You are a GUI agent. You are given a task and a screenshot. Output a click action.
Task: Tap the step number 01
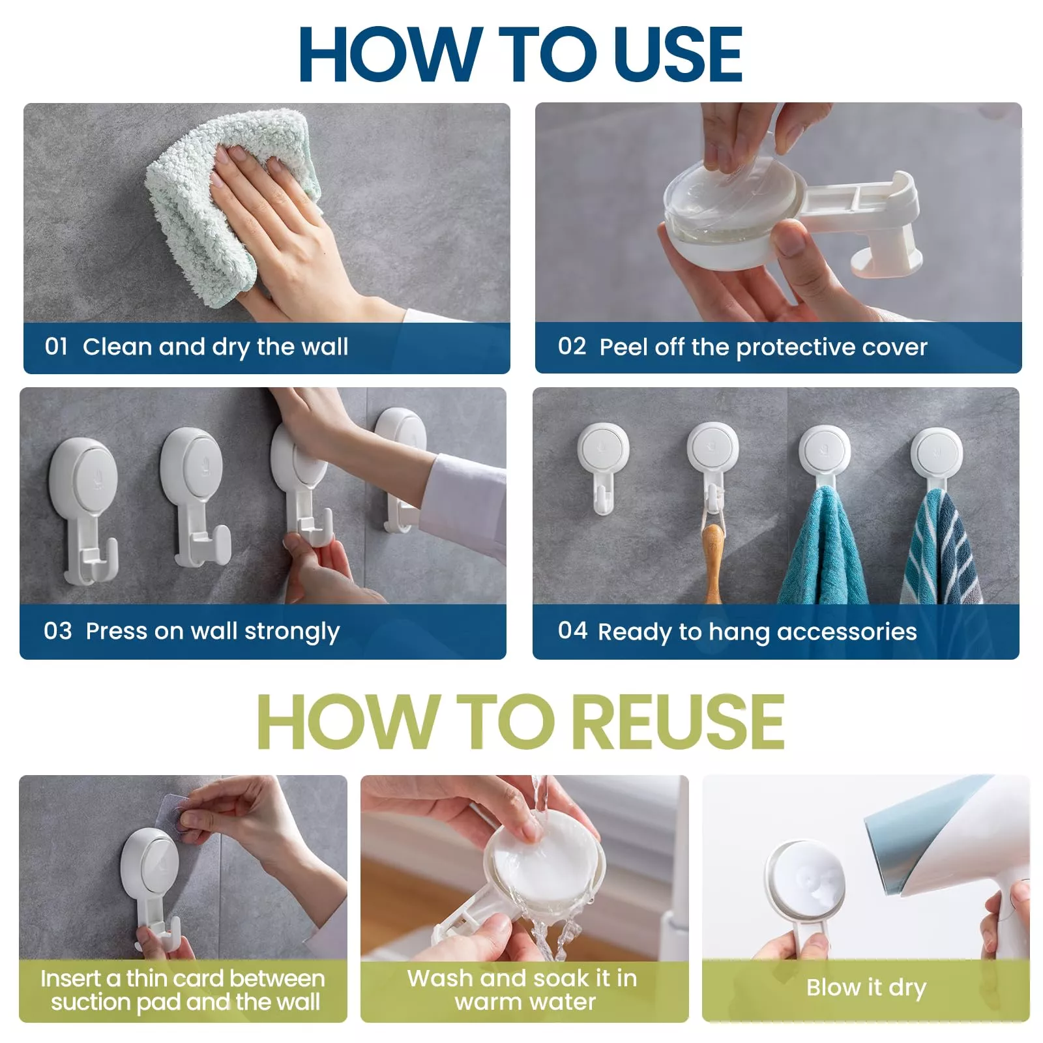(x=56, y=346)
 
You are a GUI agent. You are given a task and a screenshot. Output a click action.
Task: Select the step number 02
(x=572, y=345)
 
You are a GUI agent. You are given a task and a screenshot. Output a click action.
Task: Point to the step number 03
(x=57, y=630)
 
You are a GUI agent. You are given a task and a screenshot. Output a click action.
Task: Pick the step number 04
(x=572, y=630)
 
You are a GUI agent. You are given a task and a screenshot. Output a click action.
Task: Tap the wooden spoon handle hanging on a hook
(x=713, y=561)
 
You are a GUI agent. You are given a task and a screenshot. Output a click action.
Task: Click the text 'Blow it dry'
(x=866, y=988)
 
